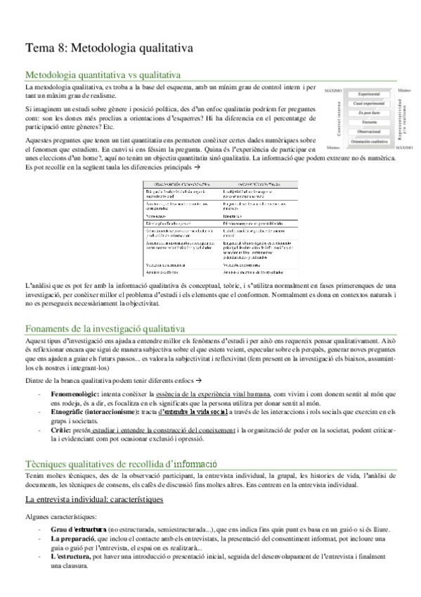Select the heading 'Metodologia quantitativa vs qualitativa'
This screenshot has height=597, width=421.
point(103,74)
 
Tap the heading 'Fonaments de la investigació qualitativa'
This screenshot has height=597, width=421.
point(105,328)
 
